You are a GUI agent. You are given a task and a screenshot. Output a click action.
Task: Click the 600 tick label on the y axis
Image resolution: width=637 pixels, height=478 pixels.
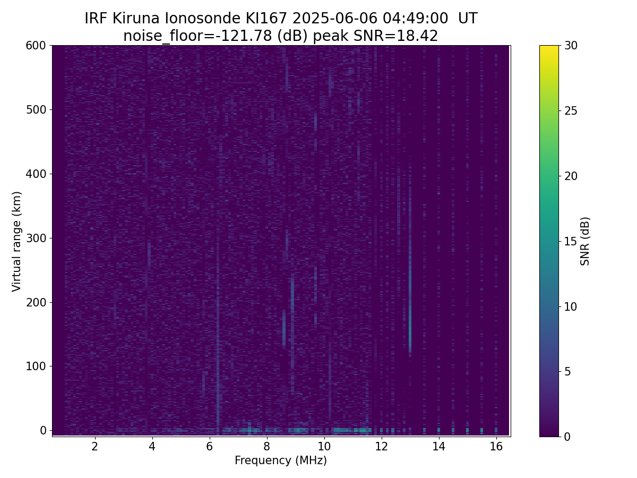click(36, 46)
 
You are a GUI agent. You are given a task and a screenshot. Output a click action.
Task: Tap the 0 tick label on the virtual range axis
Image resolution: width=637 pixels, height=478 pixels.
click(43, 430)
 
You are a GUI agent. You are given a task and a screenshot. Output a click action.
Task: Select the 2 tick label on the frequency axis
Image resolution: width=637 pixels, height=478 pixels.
click(94, 446)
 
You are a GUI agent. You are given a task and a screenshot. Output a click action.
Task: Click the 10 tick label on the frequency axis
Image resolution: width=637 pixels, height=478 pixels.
click(324, 446)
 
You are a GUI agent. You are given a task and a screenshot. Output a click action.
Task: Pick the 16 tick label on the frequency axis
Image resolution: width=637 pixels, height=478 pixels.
click(496, 446)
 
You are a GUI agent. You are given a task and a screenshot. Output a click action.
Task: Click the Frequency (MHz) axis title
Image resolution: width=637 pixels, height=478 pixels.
click(281, 460)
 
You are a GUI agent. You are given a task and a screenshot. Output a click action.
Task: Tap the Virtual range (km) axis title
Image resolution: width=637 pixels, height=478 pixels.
click(16, 242)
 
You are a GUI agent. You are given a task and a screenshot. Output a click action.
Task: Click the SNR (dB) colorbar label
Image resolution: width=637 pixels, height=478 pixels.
click(585, 241)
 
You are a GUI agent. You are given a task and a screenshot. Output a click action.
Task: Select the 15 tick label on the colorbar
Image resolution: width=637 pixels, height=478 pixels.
click(571, 241)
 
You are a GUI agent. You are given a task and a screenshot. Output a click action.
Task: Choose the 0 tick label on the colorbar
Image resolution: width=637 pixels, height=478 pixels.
click(567, 437)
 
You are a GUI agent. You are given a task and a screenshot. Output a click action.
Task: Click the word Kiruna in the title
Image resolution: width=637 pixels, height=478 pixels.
click(136, 19)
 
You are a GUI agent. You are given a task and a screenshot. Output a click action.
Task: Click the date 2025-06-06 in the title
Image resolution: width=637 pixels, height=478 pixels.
click(334, 19)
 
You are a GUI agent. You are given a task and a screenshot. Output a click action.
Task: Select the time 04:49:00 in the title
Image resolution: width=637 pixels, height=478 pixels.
click(415, 19)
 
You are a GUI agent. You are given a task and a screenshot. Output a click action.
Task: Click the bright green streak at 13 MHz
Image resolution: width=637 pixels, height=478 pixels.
click(410, 334)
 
